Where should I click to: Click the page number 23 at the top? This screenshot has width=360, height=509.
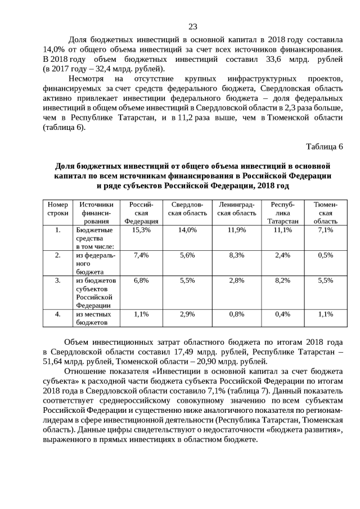pos(193,27)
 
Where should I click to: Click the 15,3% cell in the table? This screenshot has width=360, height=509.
pos(141,230)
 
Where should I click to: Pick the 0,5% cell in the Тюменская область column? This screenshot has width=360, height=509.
pos(325,255)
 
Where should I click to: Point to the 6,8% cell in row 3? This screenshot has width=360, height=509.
pos(141,280)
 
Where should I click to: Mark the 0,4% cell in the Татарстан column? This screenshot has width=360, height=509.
pos(282,314)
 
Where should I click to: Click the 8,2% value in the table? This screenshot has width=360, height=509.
pos(282,280)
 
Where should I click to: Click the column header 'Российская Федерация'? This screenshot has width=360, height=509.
pos(141,213)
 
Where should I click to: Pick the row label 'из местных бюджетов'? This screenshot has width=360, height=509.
pos(93,318)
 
